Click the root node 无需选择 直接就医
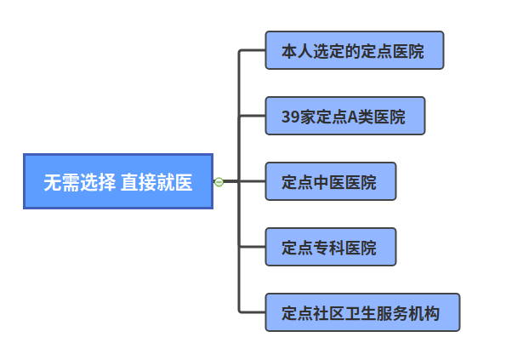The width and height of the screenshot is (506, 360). [117, 181]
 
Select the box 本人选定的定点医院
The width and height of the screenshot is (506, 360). [354, 51]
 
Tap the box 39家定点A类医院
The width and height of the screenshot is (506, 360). [344, 117]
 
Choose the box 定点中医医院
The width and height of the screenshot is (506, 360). [330, 181]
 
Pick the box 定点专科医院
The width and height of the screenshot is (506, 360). [330, 247]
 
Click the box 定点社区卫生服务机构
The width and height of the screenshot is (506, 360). [362, 312]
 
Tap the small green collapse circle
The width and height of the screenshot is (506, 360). [219, 181]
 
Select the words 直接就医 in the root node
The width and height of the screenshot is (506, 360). [156, 182]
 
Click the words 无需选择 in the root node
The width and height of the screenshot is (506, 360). [79, 182]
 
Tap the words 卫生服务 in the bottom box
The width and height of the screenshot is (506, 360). [377, 313]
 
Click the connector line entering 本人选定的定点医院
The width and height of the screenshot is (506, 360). [253, 50]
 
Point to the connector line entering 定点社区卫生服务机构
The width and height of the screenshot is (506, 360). [253, 312]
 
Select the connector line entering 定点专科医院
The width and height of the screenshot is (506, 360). [253, 247]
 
